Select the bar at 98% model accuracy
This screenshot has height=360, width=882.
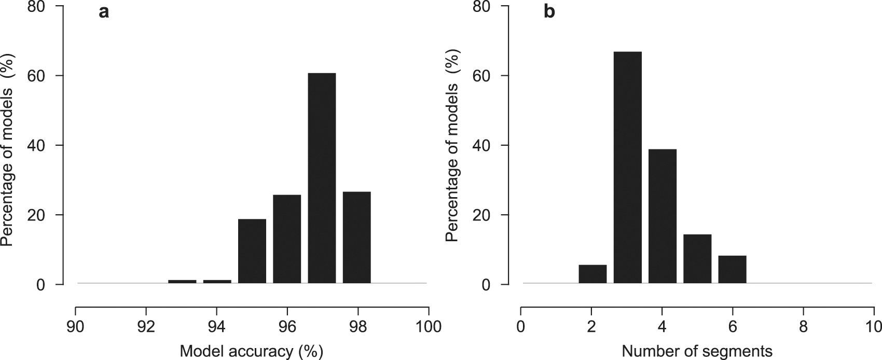357,237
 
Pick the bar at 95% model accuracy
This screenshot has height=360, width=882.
252,251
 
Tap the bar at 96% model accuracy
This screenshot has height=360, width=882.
287,239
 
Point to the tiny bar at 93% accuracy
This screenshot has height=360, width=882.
182,282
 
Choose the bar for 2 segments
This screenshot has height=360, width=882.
592,274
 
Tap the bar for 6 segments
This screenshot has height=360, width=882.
732,269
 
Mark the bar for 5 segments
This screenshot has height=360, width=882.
697,258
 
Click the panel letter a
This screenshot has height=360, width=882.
104,12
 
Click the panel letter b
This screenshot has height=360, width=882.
549,12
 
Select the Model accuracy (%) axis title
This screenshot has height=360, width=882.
251,351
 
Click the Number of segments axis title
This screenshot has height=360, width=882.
697,351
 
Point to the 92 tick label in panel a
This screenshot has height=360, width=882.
146,327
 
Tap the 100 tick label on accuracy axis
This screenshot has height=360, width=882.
428,327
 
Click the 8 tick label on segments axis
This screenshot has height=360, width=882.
803,327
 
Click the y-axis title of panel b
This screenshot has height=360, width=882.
453,145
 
